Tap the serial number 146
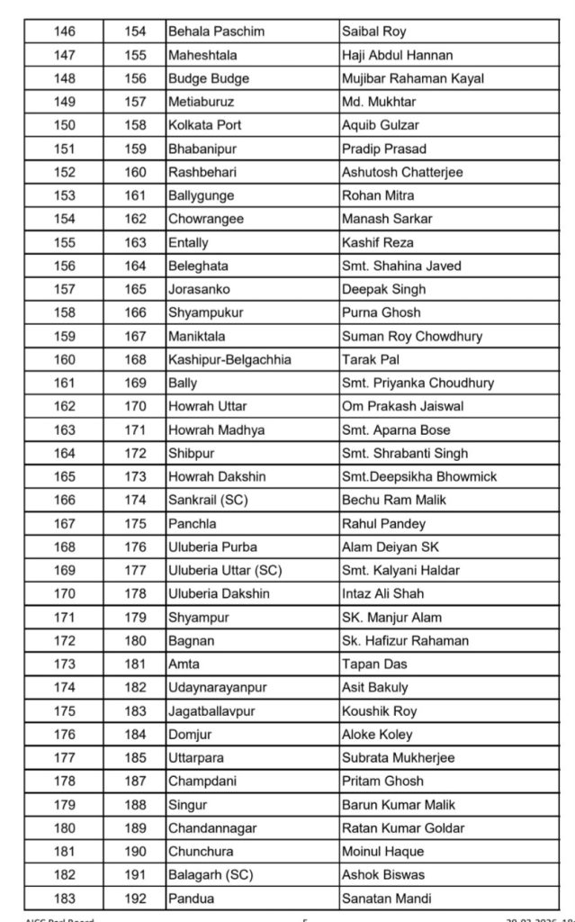click(x=65, y=32)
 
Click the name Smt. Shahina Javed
click(x=400, y=266)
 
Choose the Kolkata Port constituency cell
click(x=205, y=125)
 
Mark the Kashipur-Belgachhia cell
click(x=229, y=359)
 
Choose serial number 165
click(x=65, y=476)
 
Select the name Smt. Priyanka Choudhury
click(x=418, y=383)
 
